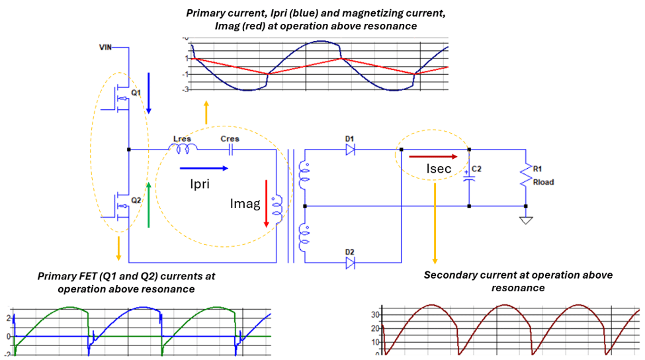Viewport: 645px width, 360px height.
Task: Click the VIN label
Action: click(105, 47)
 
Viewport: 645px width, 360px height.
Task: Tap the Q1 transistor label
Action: click(136, 93)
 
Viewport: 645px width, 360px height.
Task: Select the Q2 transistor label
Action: click(136, 201)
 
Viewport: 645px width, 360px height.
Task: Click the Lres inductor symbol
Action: click(183, 148)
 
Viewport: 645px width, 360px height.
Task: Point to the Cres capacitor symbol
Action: click(231, 150)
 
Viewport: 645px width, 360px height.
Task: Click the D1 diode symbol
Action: click(351, 150)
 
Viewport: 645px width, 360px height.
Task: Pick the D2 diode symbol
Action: click(351, 263)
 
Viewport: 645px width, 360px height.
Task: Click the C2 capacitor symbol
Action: click(469, 178)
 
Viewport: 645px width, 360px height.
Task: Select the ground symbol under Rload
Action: click(526, 220)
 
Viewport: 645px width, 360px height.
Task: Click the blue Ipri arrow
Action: click(204, 168)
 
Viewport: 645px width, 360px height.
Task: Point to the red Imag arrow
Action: click(266, 203)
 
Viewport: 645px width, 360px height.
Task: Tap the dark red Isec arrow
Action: click(433, 157)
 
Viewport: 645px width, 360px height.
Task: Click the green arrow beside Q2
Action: click(148, 204)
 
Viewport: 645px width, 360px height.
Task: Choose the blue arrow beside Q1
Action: click(148, 93)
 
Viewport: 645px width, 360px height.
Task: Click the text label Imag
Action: click(245, 204)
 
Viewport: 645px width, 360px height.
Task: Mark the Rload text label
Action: click(543, 182)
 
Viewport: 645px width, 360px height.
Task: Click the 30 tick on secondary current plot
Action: click(375, 315)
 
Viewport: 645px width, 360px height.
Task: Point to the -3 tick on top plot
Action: click(187, 89)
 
